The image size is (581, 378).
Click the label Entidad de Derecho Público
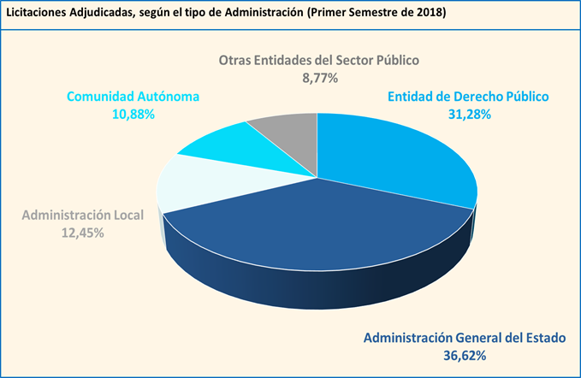[x=467, y=97]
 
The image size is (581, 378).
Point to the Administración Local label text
[x=83, y=215]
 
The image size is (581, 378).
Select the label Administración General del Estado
[x=465, y=338]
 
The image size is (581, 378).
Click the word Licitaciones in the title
[x=36, y=15]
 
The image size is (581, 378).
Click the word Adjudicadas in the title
[x=104, y=15]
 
